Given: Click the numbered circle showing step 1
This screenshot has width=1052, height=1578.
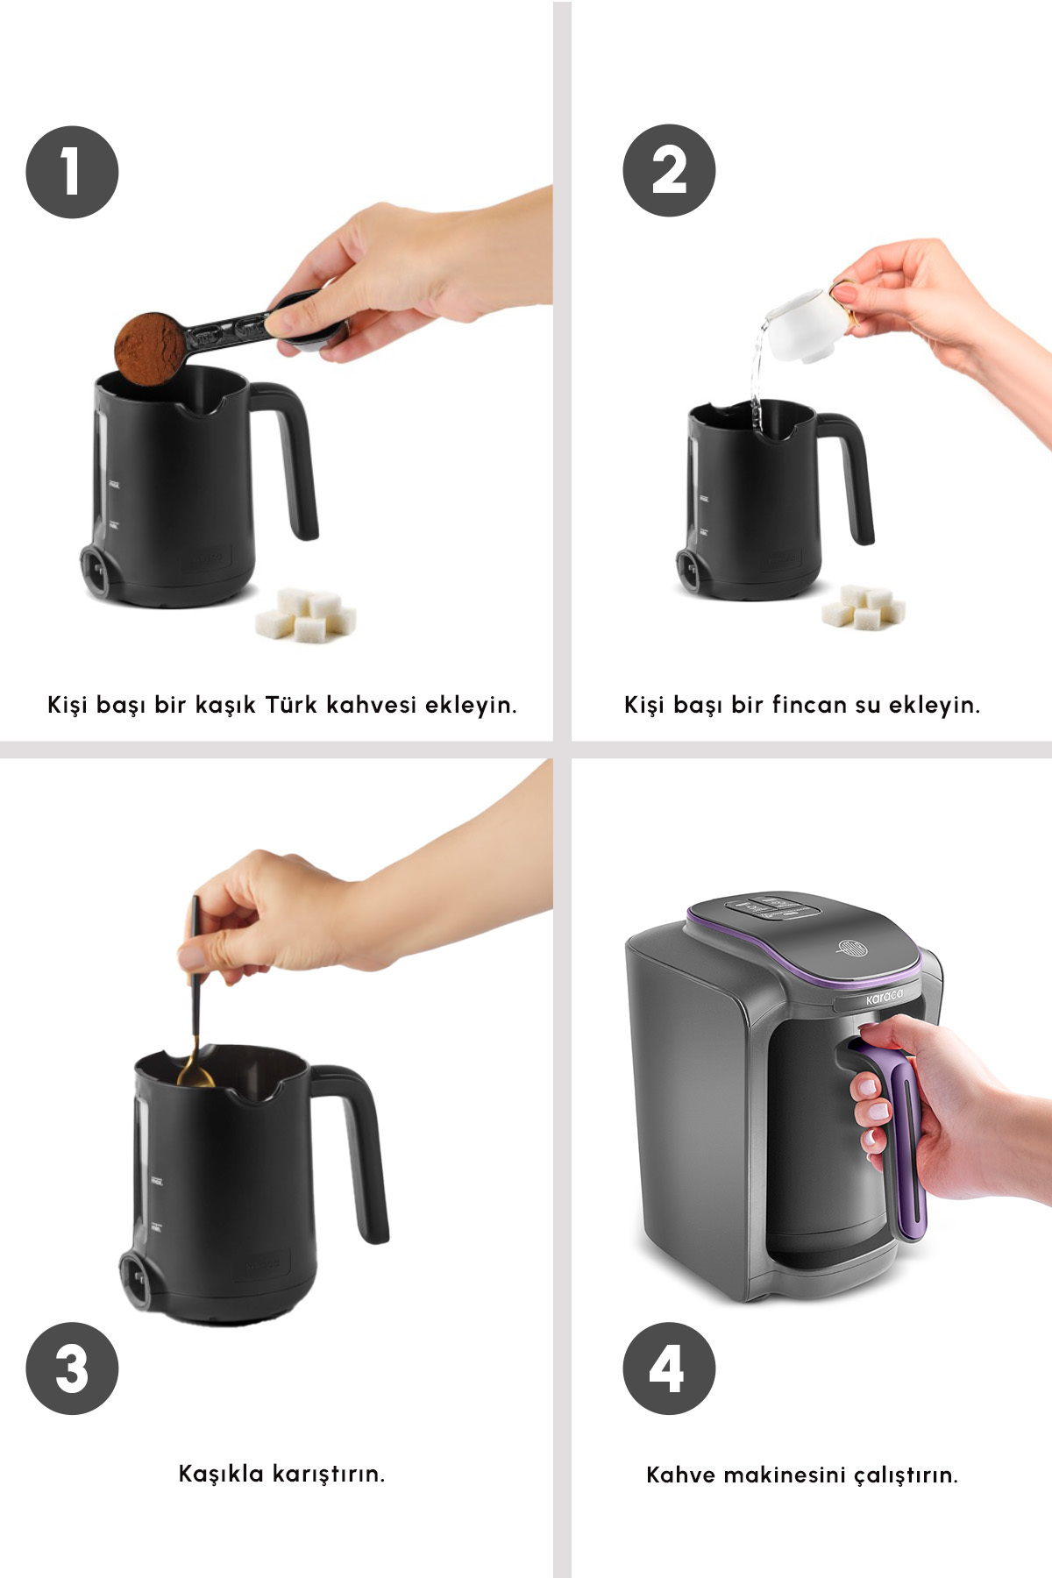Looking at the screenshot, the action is click(x=72, y=172).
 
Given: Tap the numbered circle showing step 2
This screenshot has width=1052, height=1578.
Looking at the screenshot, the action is click(x=669, y=170).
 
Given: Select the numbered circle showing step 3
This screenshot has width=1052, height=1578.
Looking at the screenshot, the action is click(x=72, y=1368).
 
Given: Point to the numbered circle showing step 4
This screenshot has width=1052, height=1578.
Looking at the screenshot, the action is click(x=669, y=1368).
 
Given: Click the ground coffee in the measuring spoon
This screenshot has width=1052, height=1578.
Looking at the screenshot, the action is click(x=150, y=348).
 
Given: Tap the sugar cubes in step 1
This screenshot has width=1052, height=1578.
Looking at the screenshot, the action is click(x=306, y=615).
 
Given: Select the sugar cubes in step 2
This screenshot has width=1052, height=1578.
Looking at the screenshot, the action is click(x=864, y=606).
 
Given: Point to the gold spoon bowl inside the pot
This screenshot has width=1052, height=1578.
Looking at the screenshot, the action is click(x=195, y=1073).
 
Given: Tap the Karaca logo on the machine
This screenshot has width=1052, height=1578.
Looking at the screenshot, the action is click(x=884, y=998).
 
